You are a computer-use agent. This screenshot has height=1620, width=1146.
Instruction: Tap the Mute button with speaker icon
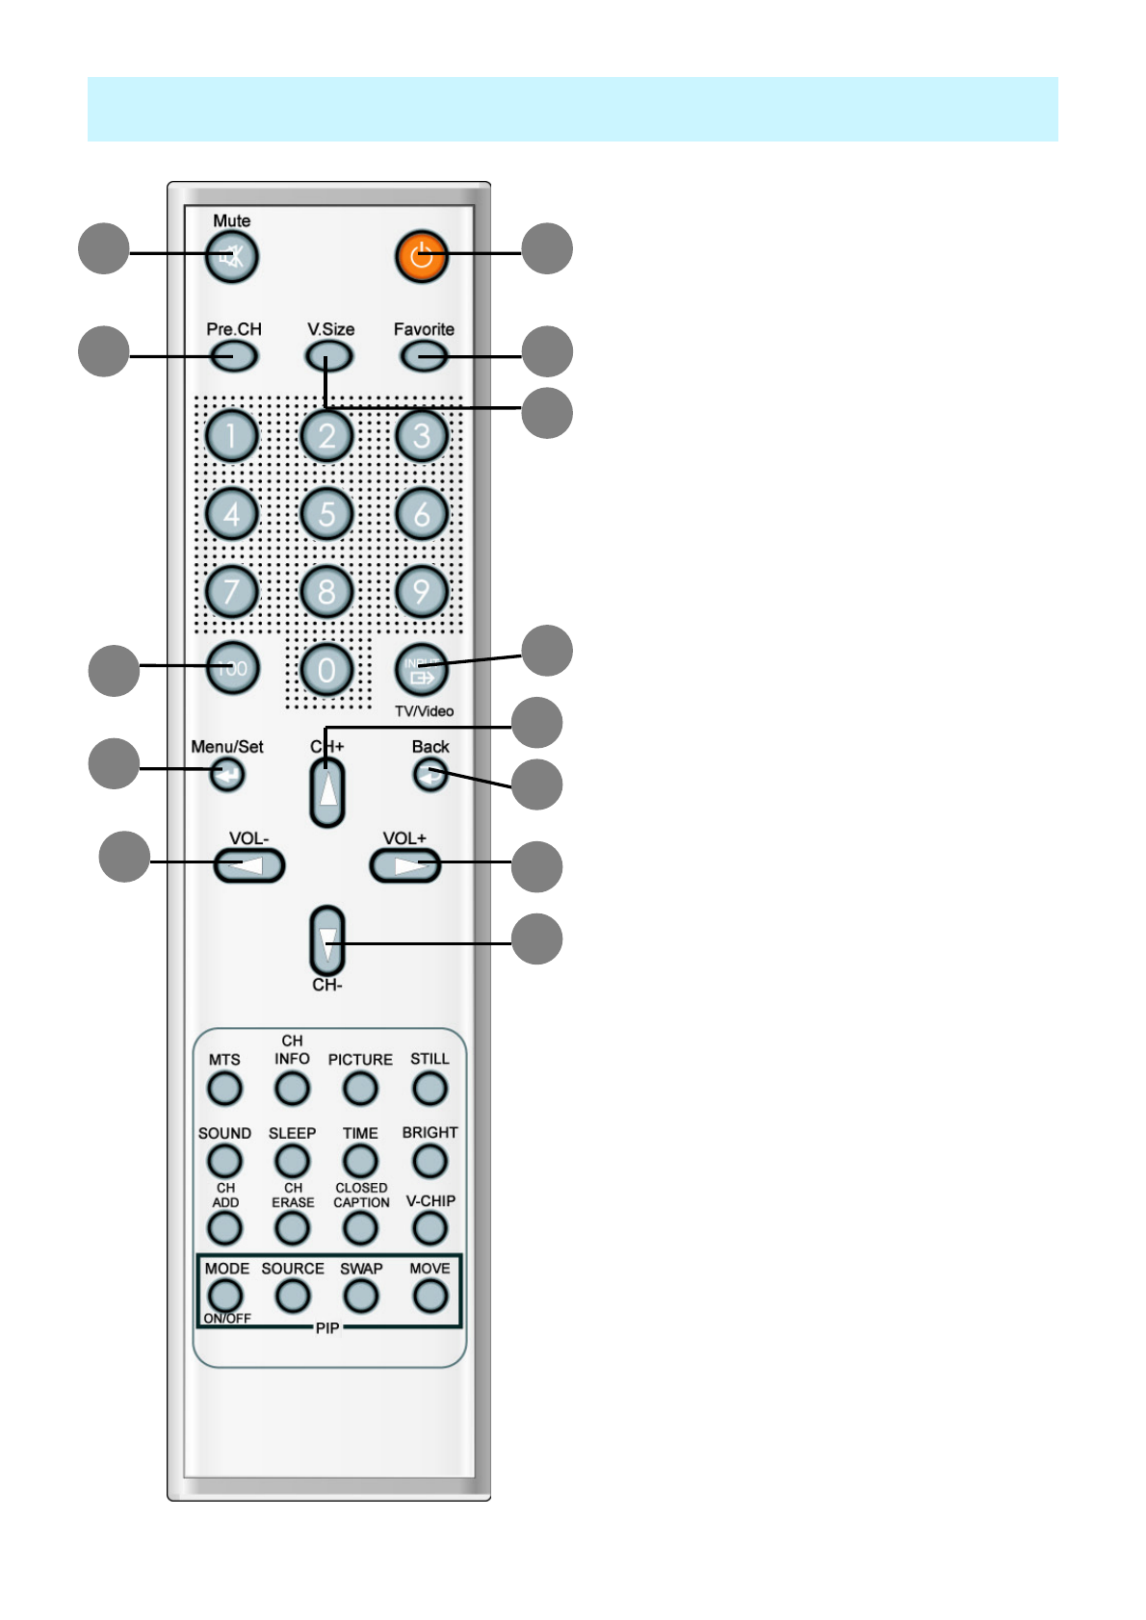[231, 258]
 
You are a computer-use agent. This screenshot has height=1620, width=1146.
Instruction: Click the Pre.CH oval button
[233, 356]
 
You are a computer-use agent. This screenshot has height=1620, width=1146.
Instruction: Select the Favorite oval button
[424, 356]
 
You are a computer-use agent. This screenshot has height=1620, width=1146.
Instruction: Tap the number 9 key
[422, 591]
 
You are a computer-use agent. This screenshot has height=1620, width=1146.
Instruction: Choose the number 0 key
[327, 669]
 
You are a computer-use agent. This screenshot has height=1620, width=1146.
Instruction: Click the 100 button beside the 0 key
[232, 667]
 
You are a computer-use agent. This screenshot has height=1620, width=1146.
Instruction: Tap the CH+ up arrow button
[327, 792]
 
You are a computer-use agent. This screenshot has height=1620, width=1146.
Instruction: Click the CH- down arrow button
[327, 940]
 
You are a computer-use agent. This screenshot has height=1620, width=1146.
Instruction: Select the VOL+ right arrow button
[405, 865]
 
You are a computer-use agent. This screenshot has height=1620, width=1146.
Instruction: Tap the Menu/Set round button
[227, 773]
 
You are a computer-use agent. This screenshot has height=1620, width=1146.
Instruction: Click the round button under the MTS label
[224, 1089]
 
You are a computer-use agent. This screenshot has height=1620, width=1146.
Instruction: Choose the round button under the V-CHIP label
[430, 1227]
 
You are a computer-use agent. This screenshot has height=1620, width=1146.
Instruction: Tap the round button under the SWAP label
[361, 1296]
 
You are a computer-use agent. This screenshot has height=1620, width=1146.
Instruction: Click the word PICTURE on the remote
[360, 1059]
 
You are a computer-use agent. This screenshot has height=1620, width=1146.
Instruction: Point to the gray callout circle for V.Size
[547, 413]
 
